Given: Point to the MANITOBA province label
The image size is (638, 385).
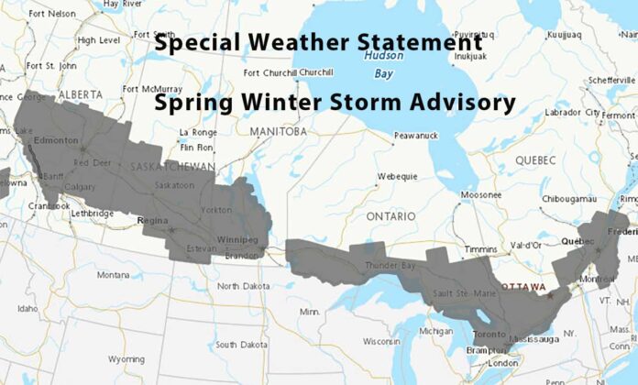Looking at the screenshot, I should click(x=279, y=131).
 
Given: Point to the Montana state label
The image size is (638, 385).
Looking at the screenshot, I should click(x=114, y=274).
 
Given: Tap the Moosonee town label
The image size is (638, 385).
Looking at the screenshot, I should click(x=481, y=194).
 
